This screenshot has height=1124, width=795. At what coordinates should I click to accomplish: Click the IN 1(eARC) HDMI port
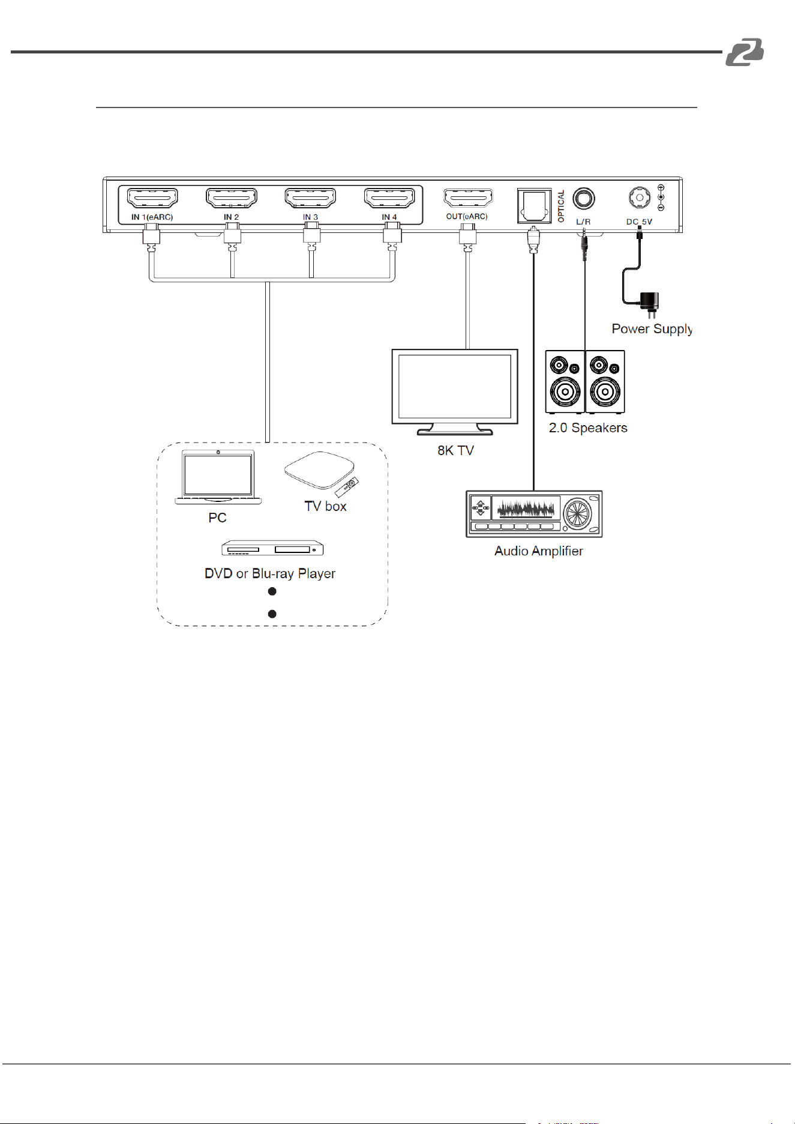pyautogui.click(x=152, y=197)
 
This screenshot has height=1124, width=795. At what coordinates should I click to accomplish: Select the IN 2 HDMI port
pyautogui.click(x=232, y=197)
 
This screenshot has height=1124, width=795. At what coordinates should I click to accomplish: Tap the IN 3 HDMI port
pyautogui.click(x=310, y=197)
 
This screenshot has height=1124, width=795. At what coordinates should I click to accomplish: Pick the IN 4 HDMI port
pyautogui.click(x=389, y=197)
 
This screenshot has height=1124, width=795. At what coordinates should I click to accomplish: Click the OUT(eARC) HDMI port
pyautogui.click(x=468, y=197)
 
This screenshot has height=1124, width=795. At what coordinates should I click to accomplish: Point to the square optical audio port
pyautogui.click(x=534, y=207)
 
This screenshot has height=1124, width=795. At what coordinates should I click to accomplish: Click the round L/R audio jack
pyautogui.click(x=584, y=199)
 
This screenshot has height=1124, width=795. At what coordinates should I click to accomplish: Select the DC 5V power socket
pyautogui.click(x=639, y=198)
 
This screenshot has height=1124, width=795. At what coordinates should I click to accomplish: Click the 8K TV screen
pyautogui.click(x=455, y=386)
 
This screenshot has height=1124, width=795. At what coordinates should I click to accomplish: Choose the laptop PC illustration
pyautogui.click(x=218, y=477)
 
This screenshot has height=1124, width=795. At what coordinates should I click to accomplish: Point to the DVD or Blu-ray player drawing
pyautogui.click(x=272, y=548)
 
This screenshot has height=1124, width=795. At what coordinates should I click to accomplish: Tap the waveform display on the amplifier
pyautogui.click(x=526, y=509)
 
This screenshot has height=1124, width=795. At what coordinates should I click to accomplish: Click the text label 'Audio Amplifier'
pyautogui.click(x=539, y=551)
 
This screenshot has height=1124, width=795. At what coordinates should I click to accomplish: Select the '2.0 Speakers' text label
pyautogui.click(x=588, y=428)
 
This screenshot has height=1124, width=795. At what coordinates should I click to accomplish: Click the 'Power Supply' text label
pyautogui.click(x=652, y=329)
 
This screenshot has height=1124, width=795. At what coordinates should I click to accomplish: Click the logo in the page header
pyautogui.click(x=745, y=52)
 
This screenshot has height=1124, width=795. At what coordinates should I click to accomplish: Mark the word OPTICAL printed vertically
pyautogui.click(x=562, y=207)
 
